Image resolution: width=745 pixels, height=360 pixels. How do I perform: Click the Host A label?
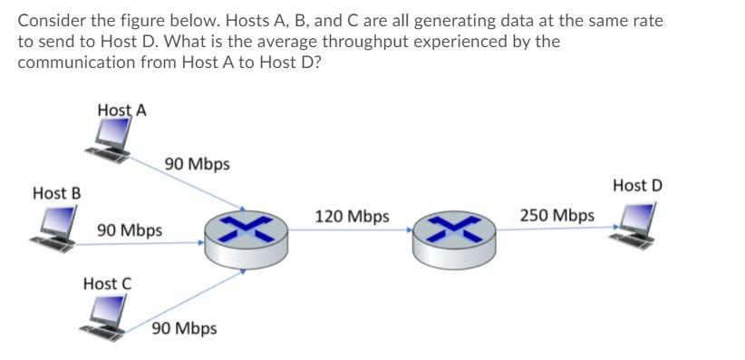pos(122,111)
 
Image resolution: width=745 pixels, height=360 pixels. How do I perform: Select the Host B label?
pos(57,193)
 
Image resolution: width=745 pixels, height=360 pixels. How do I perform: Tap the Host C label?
pos(107,284)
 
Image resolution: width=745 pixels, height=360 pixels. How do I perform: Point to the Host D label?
pos(637,186)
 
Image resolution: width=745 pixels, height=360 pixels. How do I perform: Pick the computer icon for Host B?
pos(53,227)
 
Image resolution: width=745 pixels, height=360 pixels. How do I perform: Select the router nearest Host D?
pos(450,234)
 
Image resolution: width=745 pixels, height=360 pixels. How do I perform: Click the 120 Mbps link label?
pos(352,217)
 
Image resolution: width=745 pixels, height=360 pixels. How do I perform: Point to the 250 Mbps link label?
pos(557,216)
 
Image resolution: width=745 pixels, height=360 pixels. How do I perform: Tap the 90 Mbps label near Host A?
pos(198,164)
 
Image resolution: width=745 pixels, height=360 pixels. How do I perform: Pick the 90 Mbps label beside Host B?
pos(130,230)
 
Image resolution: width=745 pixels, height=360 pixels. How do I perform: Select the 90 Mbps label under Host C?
pos(184,328)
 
